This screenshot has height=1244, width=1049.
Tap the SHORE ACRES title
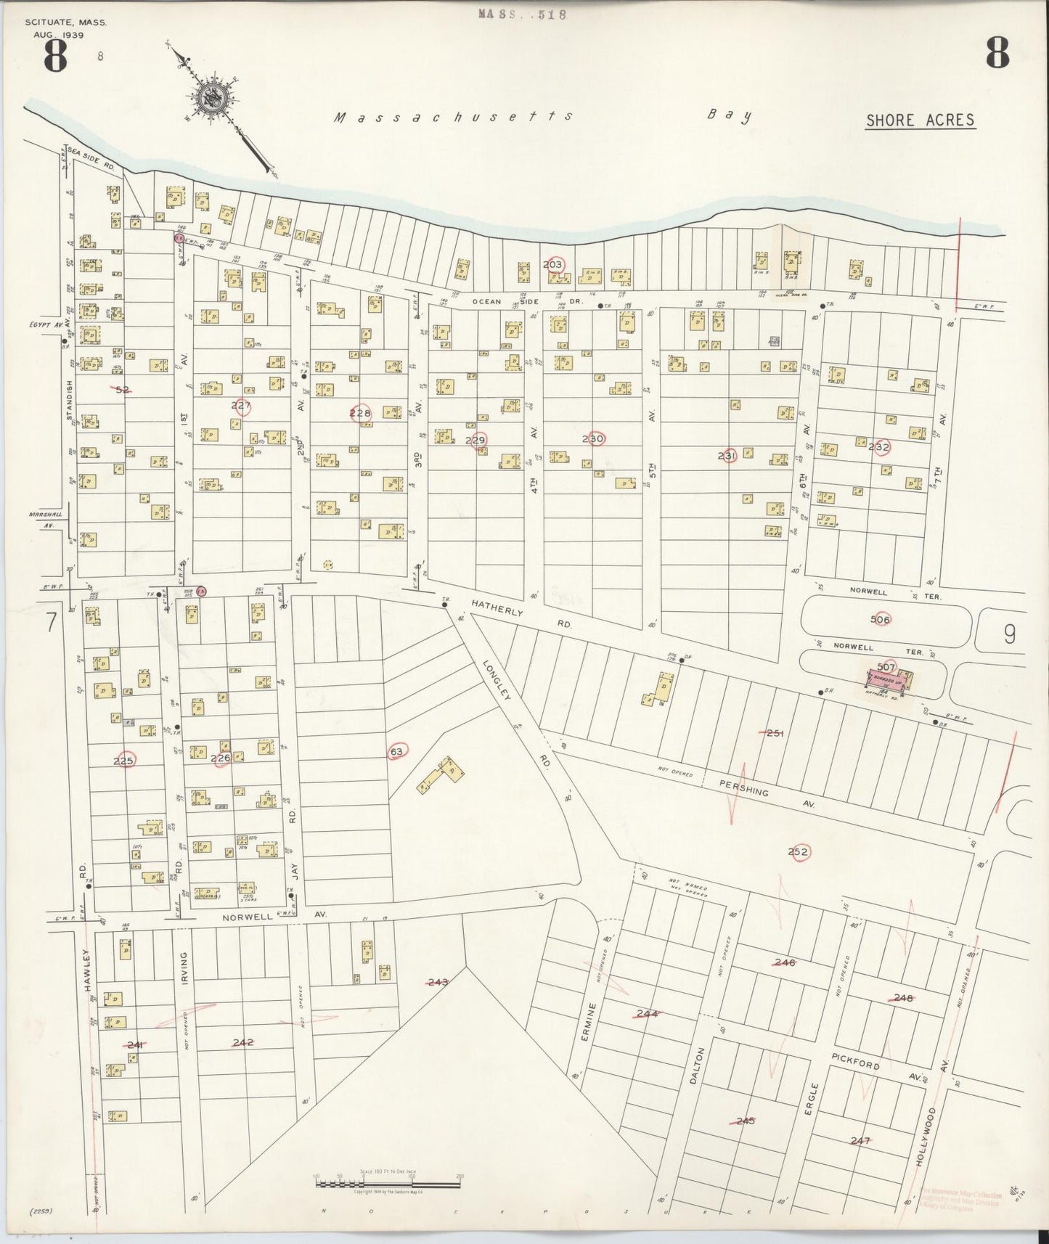(x=920, y=120)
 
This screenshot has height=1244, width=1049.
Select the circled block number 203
(x=553, y=265)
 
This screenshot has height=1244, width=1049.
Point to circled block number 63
(x=396, y=751)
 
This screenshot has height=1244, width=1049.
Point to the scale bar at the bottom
(x=388, y=1184)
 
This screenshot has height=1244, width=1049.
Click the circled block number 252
(x=798, y=852)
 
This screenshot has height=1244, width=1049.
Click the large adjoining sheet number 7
(x=51, y=622)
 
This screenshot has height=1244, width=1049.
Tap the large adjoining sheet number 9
(x=1010, y=634)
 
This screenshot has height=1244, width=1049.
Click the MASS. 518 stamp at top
(x=521, y=13)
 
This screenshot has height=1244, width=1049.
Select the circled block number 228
(x=360, y=413)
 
